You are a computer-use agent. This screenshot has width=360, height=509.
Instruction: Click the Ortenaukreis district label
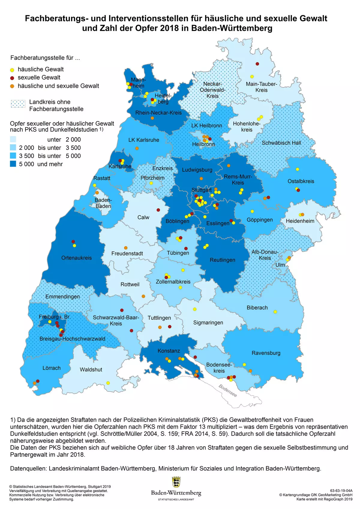pos(76,258)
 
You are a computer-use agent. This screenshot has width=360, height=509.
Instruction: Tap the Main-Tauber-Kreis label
pos(261,87)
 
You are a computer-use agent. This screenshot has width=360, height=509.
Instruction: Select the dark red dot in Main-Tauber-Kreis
pos(257,64)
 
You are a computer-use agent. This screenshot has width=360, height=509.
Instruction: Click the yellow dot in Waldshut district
pos(108,383)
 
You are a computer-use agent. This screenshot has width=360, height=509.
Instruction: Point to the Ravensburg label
pos(266,353)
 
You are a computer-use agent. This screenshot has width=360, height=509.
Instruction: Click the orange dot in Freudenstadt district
pos(126,248)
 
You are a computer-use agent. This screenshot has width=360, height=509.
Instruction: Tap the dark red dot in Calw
pos(158,210)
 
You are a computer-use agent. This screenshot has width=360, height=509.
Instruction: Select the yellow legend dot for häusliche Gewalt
pos(12,70)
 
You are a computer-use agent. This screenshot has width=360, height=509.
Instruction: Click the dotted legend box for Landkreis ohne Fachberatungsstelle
pos(18,104)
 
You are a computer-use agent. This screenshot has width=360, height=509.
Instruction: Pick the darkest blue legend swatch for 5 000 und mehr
pos(13,164)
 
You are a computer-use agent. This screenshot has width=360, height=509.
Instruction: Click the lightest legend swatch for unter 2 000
pos(13,139)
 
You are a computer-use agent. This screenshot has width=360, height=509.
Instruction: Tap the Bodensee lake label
pos(228,390)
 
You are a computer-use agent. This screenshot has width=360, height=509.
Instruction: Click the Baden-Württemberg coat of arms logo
pos(176,482)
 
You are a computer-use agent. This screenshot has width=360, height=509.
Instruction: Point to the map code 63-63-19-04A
pos(341,491)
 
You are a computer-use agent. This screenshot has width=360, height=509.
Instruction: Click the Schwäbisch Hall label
pos(281,143)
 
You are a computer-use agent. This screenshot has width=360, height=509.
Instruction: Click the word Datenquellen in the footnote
pos(28,468)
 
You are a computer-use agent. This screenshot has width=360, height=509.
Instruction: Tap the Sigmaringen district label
pos(208,323)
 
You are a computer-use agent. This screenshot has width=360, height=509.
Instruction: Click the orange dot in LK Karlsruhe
pos(137,148)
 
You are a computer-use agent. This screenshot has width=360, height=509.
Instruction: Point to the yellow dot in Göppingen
pos(252,212)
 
